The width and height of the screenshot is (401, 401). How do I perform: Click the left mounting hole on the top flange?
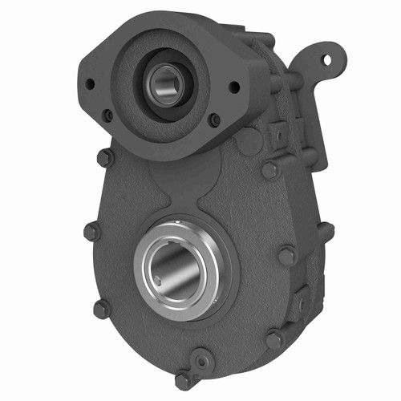[x=90, y=83]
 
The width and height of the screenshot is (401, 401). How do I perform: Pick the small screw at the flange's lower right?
[x=213, y=120]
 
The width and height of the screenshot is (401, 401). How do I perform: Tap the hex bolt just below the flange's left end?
[x=104, y=157]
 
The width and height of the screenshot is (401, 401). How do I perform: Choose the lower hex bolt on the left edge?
[x=101, y=308]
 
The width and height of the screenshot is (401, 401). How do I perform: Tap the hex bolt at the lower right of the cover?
[x=274, y=339]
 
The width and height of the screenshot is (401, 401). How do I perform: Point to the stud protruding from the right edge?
[x=324, y=232]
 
